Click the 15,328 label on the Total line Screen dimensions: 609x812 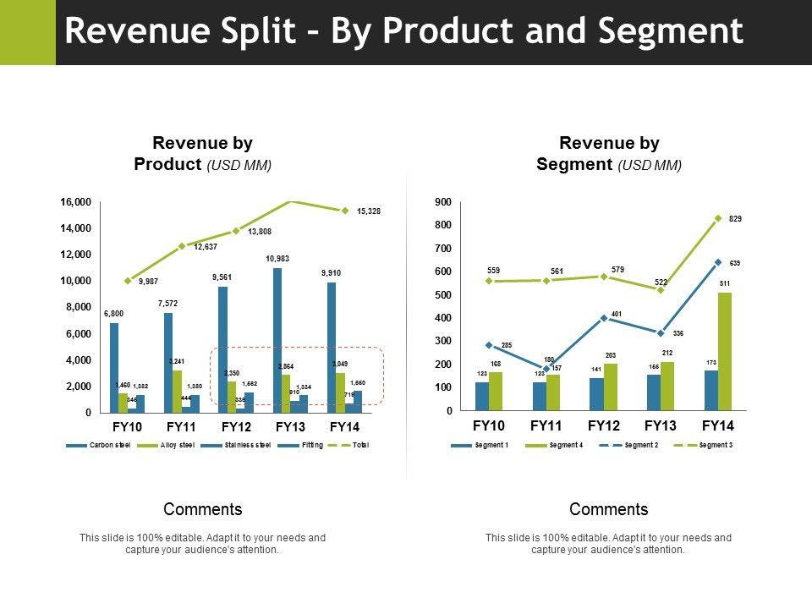tap(368, 211)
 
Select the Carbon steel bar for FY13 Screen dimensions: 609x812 tap(277, 338)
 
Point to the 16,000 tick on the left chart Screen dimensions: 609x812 tap(75, 202)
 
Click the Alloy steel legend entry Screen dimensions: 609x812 tap(175, 445)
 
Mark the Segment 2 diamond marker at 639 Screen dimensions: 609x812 tap(718, 262)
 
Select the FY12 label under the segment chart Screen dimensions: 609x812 tap(604, 425)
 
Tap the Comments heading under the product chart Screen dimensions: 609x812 tap(203, 509)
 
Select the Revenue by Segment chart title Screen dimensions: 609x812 tap(609, 153)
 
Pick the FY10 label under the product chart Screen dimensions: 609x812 tap(128, 426)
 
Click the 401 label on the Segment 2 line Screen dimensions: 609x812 tap(617, 314)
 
